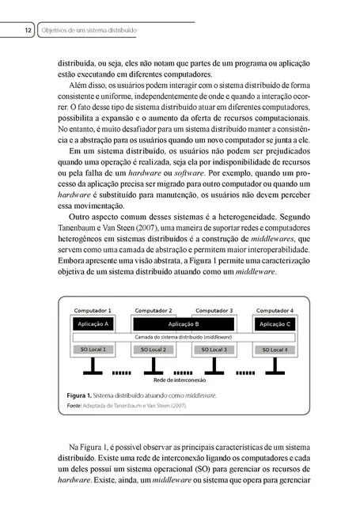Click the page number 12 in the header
[28, 30]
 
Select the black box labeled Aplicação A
[93, 324]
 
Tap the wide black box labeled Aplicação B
[185, 324]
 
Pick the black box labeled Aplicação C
[276, 324]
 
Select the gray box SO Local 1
[93, 350]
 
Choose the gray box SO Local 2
[153, 350]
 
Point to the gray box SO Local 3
[214, 350]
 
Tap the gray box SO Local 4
[275, 350]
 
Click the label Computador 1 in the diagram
[93, 311]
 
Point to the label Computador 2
[153, 311]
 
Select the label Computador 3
[214, 311]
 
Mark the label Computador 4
[275, 311]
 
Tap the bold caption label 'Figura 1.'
[78, 394]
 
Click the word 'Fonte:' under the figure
[74, 406]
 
